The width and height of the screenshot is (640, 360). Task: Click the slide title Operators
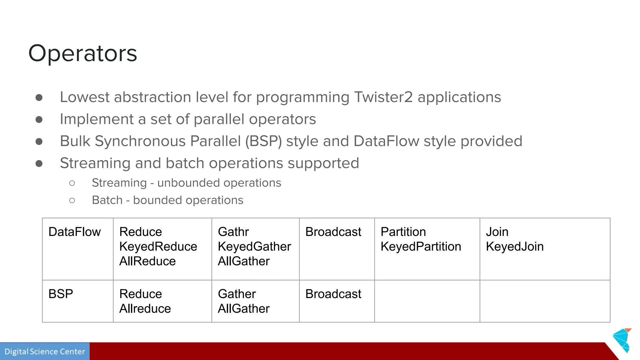82,53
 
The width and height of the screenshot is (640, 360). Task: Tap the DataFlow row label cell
74,232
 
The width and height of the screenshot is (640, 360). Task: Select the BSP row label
61,294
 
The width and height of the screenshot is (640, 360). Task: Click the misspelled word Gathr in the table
233,232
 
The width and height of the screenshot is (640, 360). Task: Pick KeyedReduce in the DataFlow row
158,247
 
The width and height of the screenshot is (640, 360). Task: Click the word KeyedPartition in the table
421,247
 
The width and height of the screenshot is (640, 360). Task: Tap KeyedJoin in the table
514,247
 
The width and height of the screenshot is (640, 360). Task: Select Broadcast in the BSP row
333,294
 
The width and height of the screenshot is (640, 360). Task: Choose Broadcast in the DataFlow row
333,232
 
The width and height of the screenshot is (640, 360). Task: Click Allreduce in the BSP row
145,309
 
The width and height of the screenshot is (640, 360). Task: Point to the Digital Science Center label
45,352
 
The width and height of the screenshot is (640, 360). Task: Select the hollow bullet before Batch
72,200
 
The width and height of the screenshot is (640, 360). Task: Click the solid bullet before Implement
39,119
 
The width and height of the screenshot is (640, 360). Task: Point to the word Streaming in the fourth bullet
95,163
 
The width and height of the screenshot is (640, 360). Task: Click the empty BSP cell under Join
545,301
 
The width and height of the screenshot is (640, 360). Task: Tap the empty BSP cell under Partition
427,301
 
